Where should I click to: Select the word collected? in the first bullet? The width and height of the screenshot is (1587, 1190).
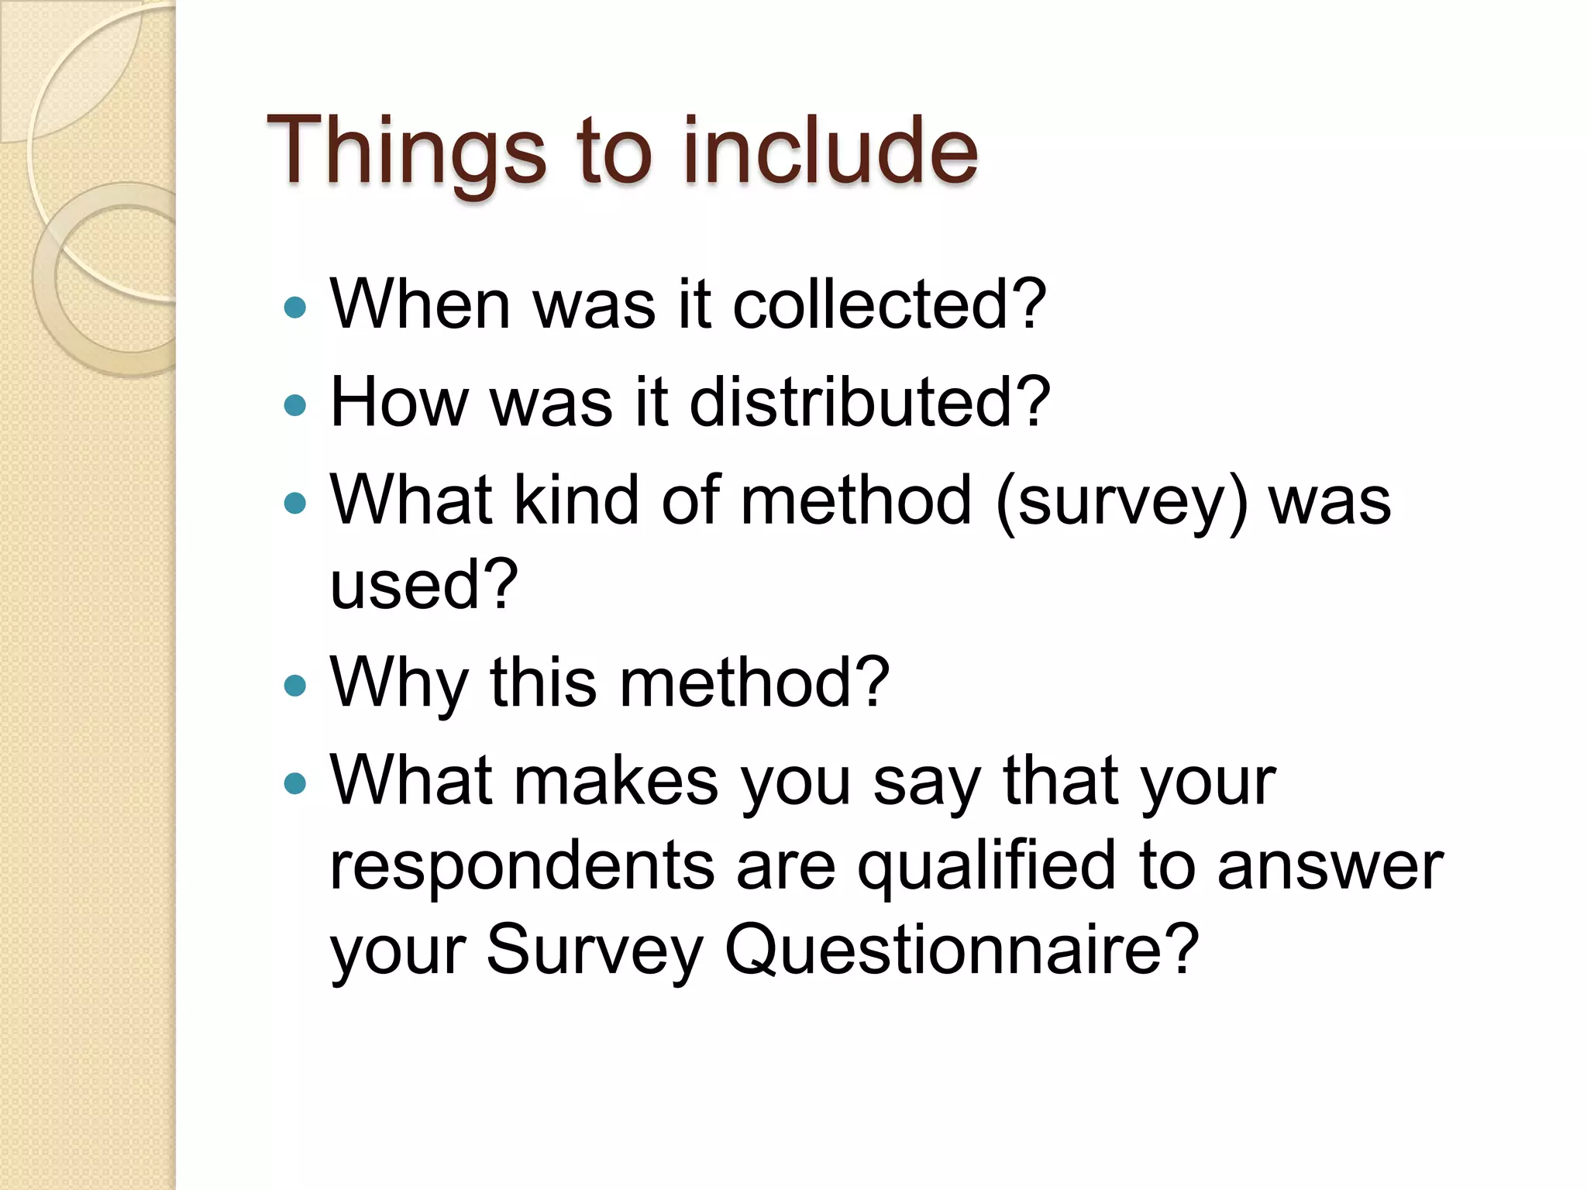pos(890,304)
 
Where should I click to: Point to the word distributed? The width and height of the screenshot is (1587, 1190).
pos(869,402)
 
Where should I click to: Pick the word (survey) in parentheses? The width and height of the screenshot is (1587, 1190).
pos(1122,501)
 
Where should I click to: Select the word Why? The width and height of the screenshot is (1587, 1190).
pos(399,683)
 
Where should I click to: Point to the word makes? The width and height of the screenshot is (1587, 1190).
pos(616,781)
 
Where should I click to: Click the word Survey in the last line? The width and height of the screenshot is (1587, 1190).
pos(594,951)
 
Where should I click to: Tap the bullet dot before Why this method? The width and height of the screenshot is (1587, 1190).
pos(295,685)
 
